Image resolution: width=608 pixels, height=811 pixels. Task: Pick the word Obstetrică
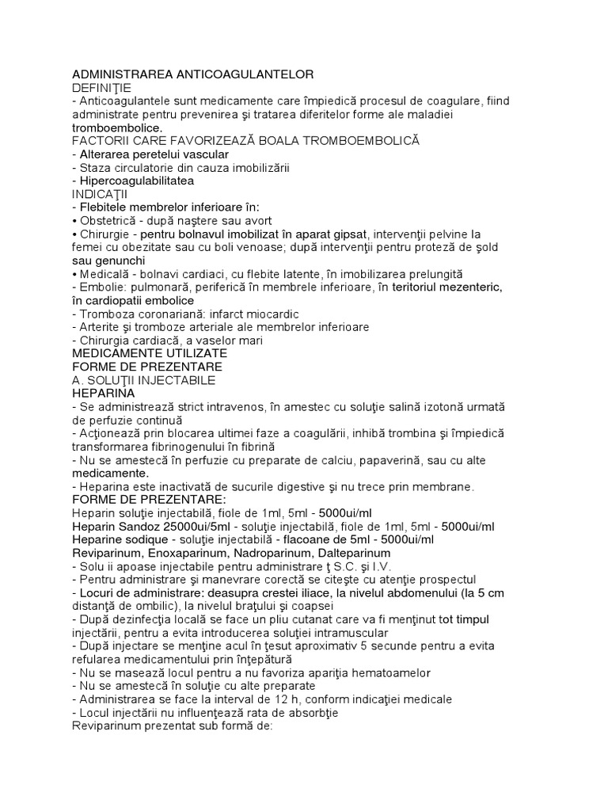[109, 220]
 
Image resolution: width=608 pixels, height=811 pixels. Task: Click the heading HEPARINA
[103, 393]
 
